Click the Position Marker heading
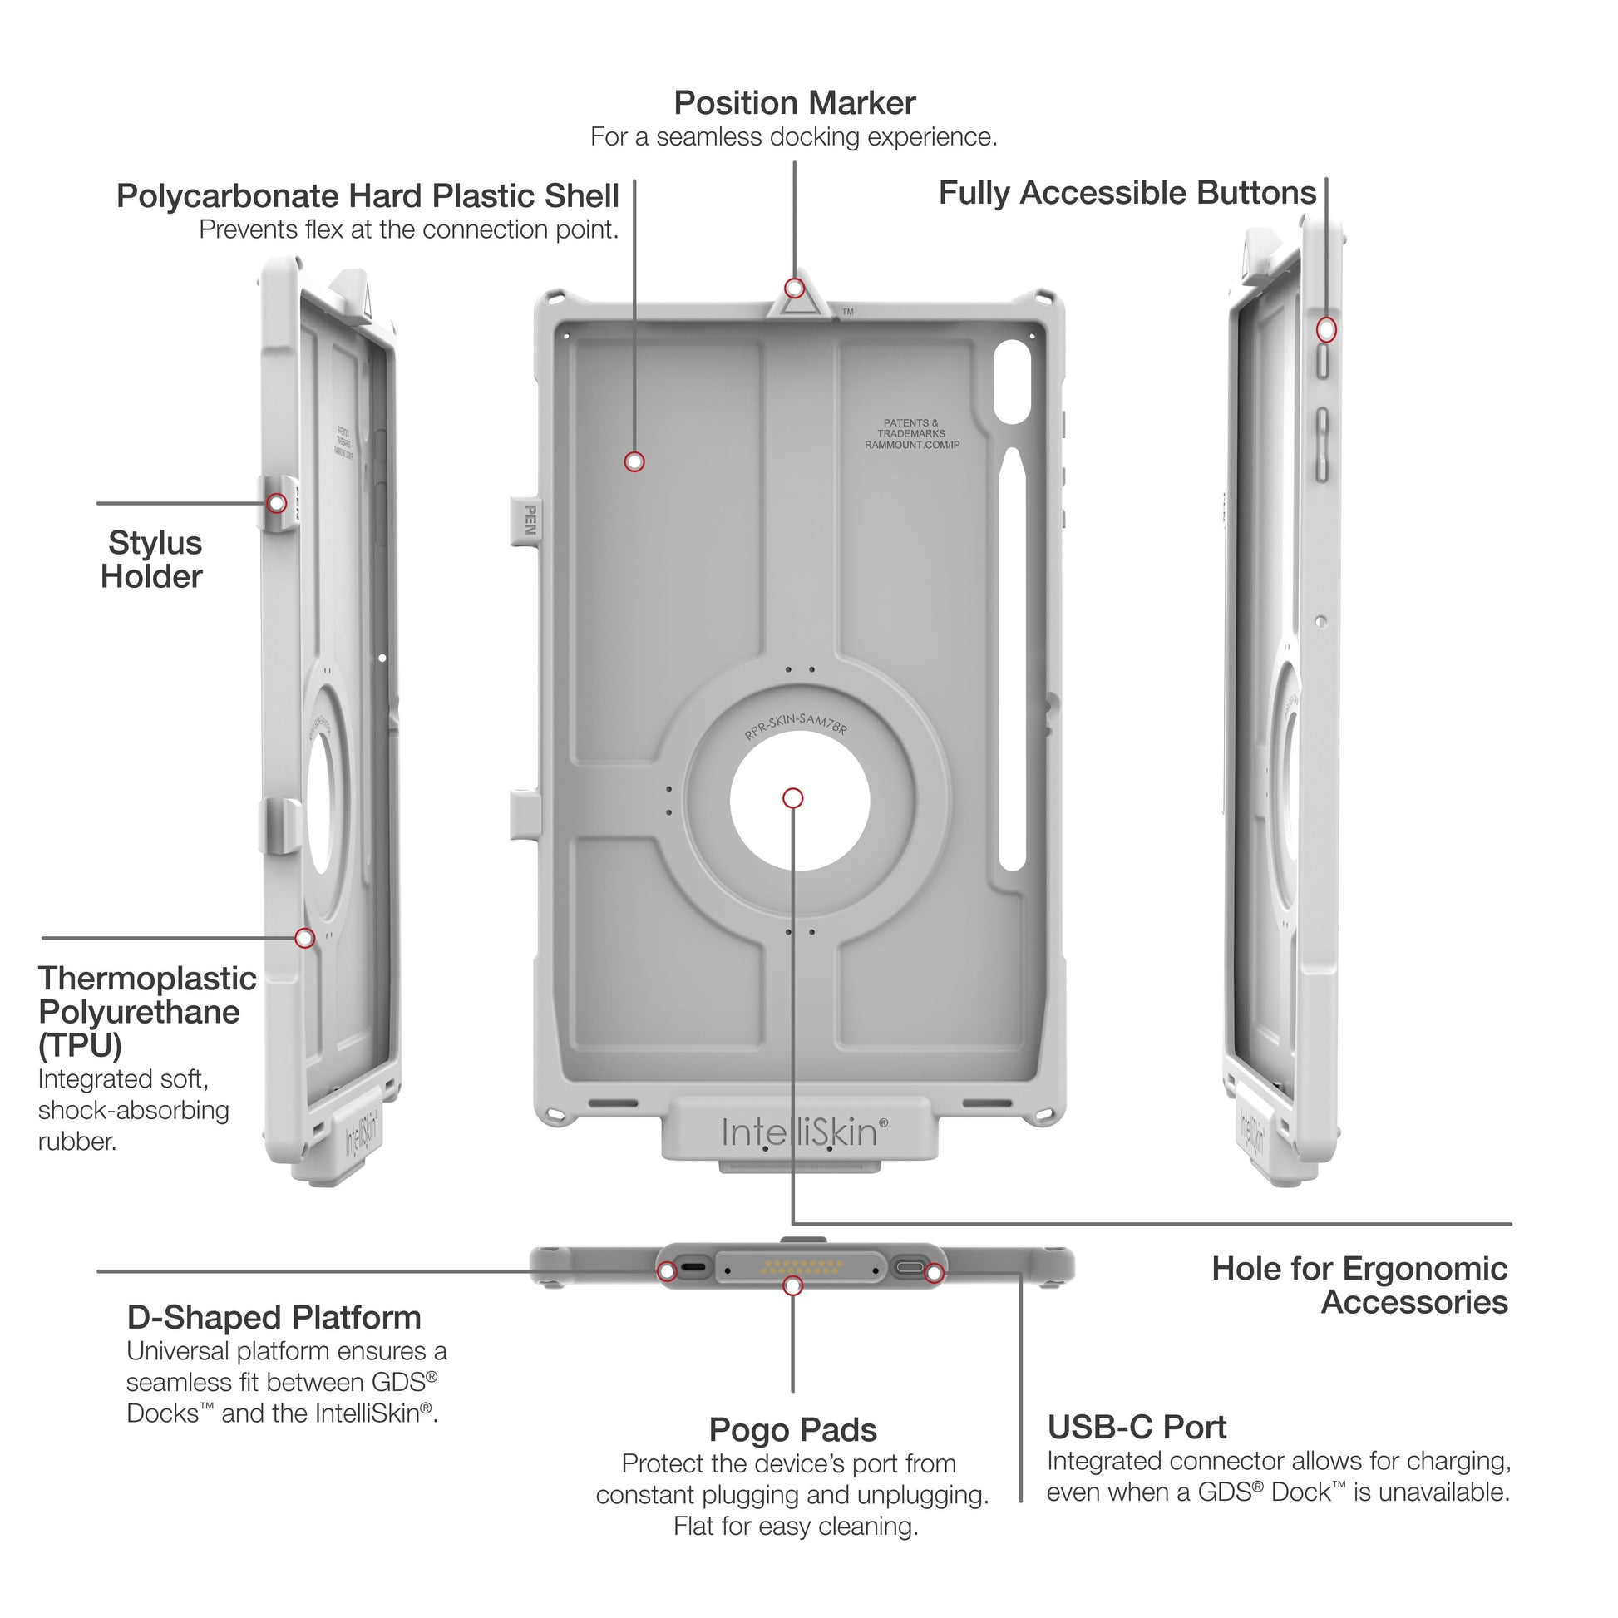(794, 104)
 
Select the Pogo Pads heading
(792, 1429)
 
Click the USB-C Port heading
(1137, 1426)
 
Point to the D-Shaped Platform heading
(274, 1317)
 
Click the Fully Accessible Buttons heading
(1127, 193)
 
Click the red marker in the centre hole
(793, 798)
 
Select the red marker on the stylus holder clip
(276, 503)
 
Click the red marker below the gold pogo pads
(792, 1285)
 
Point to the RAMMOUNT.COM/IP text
(912, 445)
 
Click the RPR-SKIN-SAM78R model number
(796, 724)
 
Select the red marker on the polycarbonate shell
(634, 461)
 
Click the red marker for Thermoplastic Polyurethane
(305, 938)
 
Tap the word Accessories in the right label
(1413, 1302)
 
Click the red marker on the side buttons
(1325, 329)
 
